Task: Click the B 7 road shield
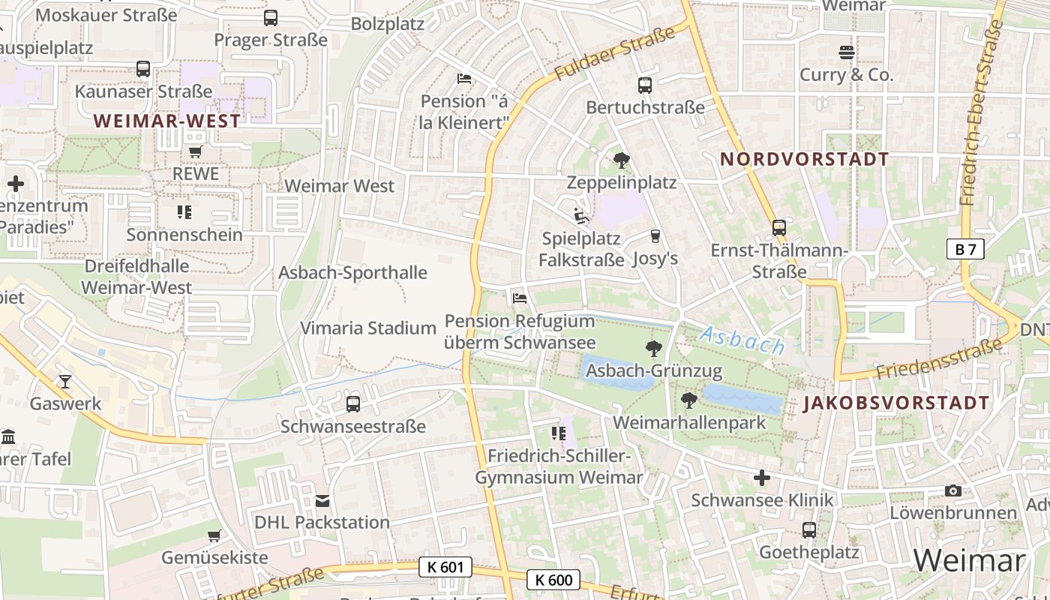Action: [964, 249]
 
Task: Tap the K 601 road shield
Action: [445, 567]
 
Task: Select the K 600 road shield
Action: [553, 579]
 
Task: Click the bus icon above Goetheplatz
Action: [808, 530]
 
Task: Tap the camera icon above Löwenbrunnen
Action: [952, 490]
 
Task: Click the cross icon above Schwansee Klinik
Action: [761, 478]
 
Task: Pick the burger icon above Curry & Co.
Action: [847, 52]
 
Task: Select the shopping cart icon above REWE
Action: [195, 151]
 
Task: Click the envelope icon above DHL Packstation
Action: [322, 500]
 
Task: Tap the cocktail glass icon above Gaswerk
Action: [65, 382]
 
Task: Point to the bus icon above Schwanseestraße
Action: [352, 404]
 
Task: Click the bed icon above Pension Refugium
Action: [519, 298]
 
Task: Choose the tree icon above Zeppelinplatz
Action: [621, 160]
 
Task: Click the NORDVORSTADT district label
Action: [804, 159]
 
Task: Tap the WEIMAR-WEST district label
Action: [167, 121]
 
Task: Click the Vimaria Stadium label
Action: [368, 328]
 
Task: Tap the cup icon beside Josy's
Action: [655, 236]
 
